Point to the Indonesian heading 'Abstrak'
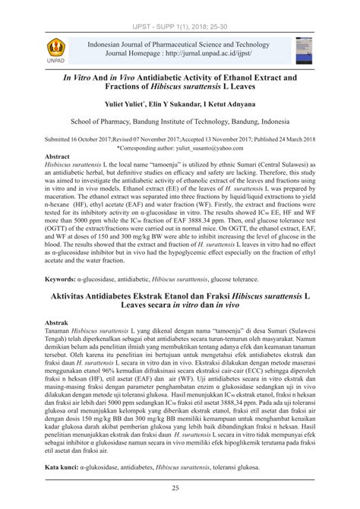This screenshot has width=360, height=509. [60, 323]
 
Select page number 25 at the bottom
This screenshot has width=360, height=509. [180, 488]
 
